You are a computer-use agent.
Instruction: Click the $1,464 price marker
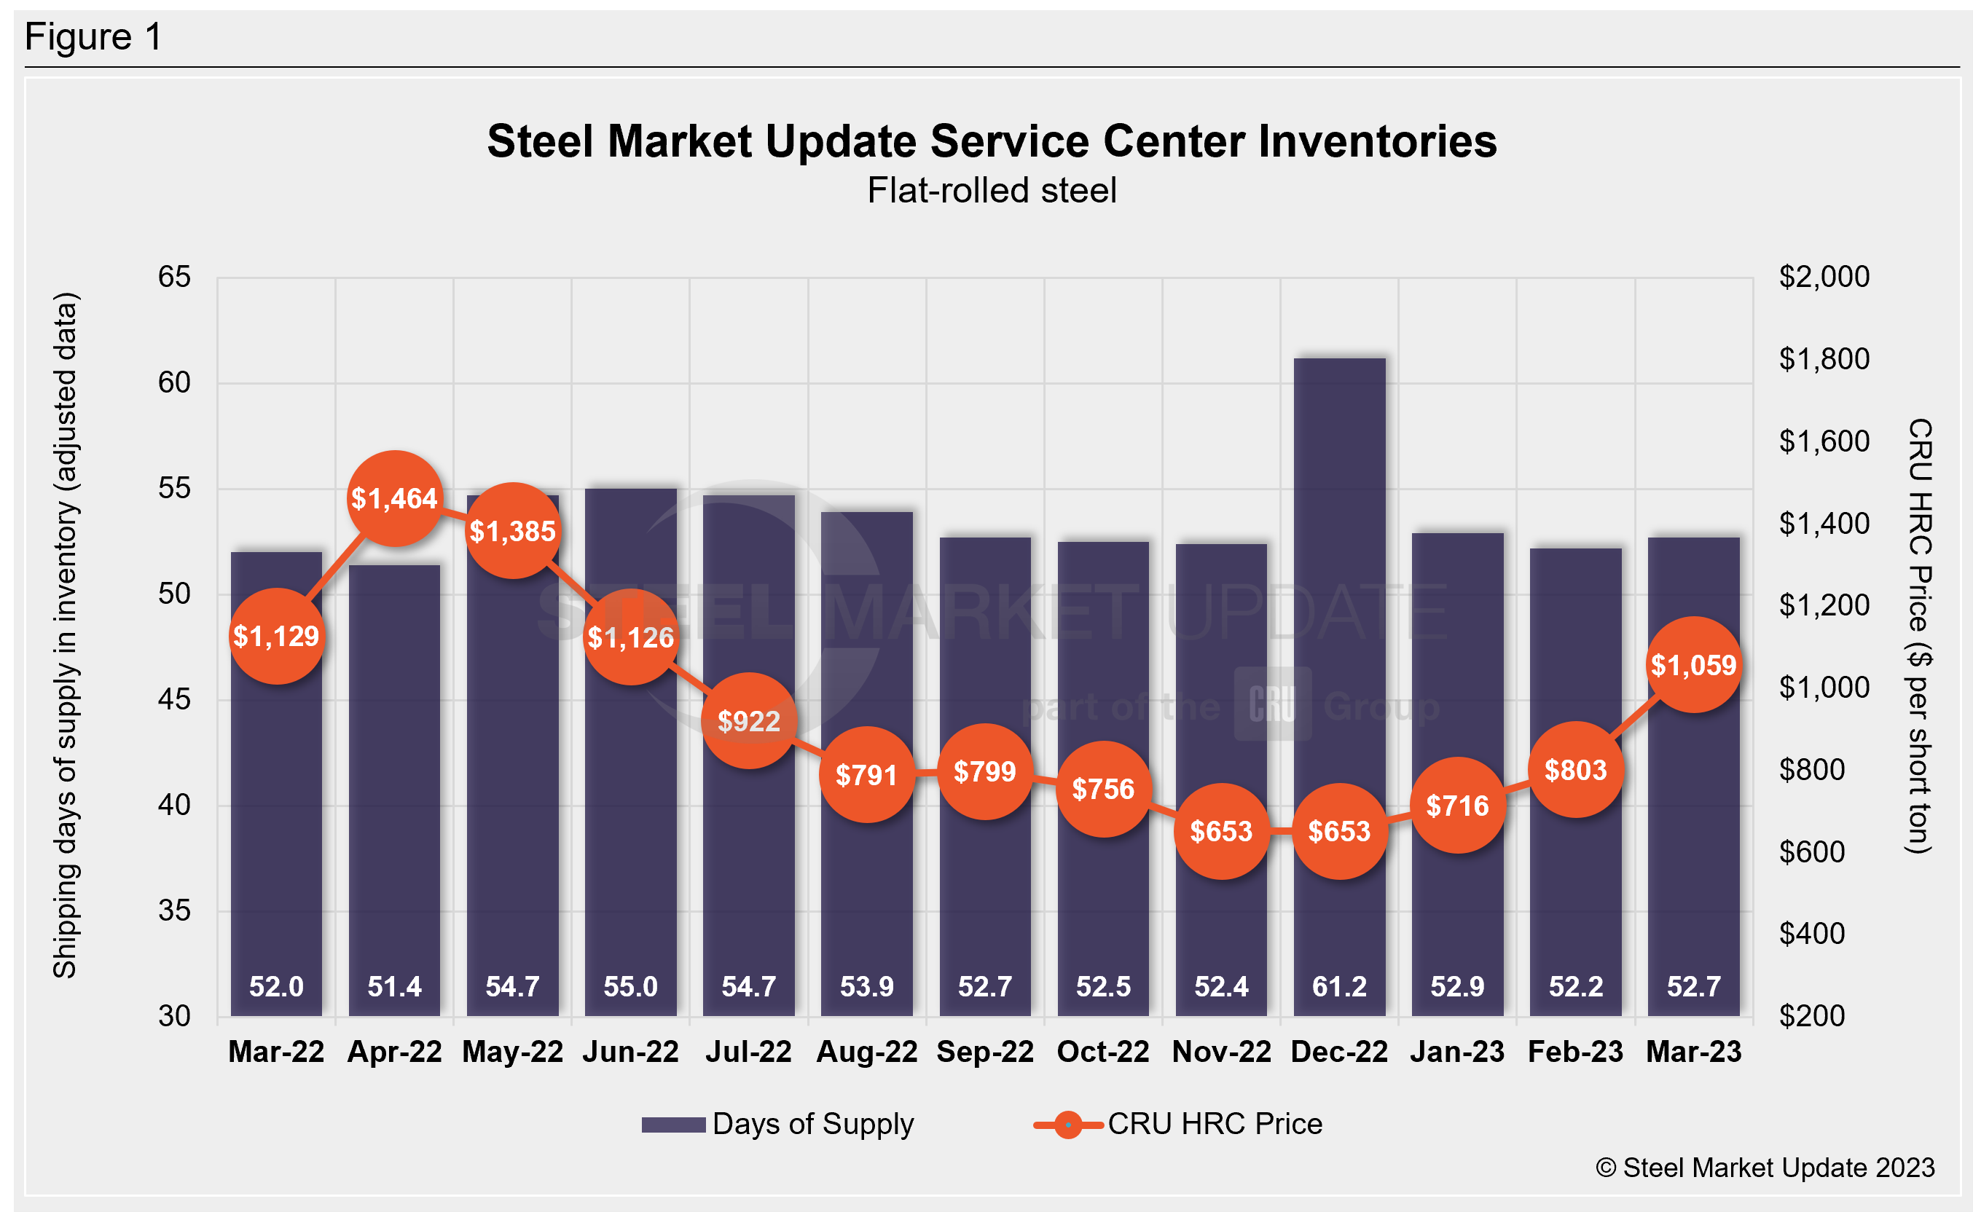[x=394, y=499]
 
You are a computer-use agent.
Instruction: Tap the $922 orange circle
[x=749, y=721]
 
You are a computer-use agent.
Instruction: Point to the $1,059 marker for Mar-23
[x=1693, y=664]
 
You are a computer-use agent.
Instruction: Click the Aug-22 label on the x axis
[x=866, y=1052]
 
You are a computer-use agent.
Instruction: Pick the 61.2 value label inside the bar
[x=1339, y=986]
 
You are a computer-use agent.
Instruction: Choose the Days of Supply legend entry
[x=777, y=1124]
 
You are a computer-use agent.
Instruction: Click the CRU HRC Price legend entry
[x=1179, y=1124]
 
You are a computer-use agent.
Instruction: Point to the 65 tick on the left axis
[x=174, y=278]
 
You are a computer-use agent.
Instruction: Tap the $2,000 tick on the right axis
[x=1824, y=278]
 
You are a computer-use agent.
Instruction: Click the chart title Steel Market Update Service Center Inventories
[x=992, y=142]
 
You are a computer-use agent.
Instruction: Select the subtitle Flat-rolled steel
[x=992, y=191]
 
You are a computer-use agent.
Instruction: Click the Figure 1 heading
[x=94, y=37]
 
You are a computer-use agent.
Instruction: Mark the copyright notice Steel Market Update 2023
[x=1765, y=1168]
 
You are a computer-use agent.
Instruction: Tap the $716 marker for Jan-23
[x=1456, y=805]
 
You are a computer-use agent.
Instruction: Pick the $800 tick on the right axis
[x=1812, y=770]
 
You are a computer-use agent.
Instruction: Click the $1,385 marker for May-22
[x=512, y=531]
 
